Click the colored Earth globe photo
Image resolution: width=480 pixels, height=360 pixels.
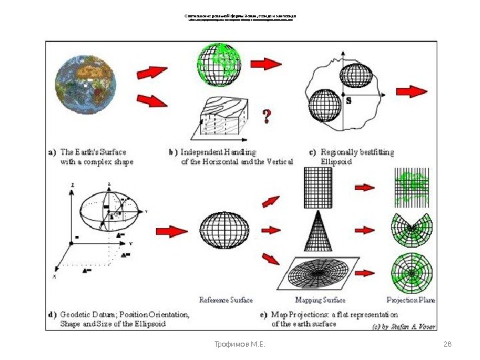[85, 83]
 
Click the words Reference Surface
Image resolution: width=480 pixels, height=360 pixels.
[226, 300]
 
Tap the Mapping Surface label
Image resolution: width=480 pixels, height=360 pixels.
[320, 300]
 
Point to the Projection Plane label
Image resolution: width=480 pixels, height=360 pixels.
[411, 300]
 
